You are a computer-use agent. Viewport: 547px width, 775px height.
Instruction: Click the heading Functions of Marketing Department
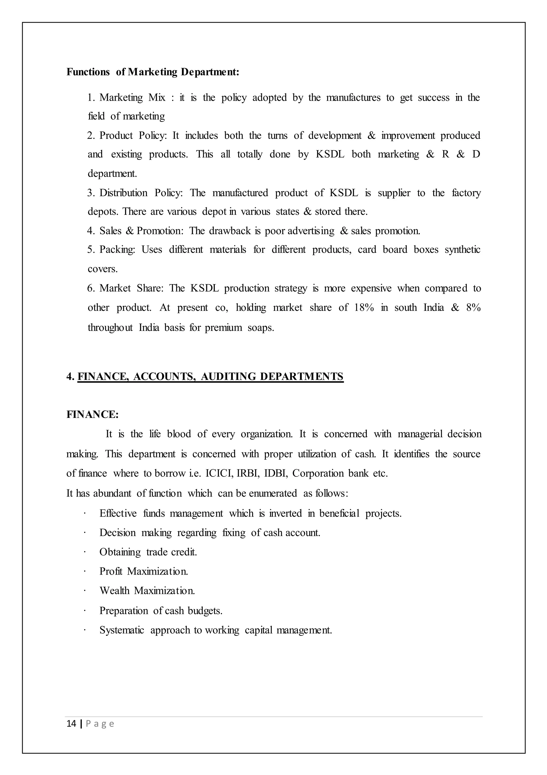tap(153, 72)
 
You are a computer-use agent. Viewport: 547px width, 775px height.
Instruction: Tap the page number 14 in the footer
tap(71, 723)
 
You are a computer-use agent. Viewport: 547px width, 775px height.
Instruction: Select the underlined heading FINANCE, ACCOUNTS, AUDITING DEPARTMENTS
tap(210, 376)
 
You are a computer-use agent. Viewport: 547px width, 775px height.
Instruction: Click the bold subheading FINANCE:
tap(92, 414)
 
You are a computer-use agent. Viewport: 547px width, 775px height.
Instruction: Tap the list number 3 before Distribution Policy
tap(90, 193)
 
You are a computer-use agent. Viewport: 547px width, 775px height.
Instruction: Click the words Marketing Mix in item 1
tap(132, 98)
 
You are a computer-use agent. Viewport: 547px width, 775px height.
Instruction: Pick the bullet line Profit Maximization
tap(143, 571)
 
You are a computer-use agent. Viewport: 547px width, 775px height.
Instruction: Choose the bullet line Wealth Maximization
tap(147, 590)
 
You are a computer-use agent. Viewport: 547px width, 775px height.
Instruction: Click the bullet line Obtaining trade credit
tap(148, 552)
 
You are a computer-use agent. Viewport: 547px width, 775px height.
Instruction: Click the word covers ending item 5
tap(102, 269)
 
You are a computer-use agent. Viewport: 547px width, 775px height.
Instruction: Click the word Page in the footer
tap(100, 723)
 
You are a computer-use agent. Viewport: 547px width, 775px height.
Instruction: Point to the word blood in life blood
tap(179, 434)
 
